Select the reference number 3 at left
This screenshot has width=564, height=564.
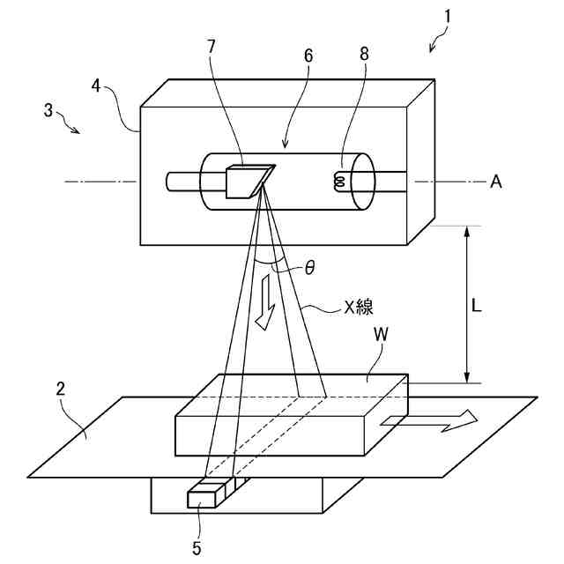click(x=48, y=112)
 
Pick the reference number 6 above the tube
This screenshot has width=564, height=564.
click(x=308, y=54)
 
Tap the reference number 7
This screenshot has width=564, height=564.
click(x=211, y=46)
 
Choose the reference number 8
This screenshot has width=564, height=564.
click(x=364, y=52)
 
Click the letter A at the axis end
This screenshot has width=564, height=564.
click(x=496, y=182)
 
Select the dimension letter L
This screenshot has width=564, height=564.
click(x=477, y=306)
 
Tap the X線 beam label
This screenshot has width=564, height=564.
click(x=359, y=307)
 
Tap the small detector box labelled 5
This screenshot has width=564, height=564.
click(x=202, y=497)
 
